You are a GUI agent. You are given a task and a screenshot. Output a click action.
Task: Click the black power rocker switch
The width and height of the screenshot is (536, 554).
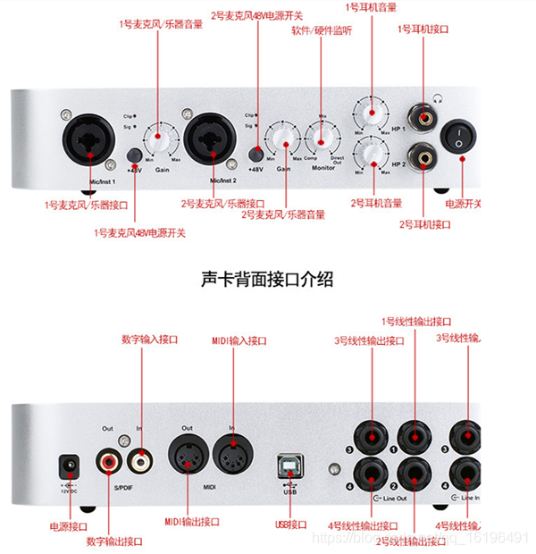click(461, 138)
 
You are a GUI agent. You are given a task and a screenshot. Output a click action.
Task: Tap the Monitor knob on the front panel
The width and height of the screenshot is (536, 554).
click(322, 138)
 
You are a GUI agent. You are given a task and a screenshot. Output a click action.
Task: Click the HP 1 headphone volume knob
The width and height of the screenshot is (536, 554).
click(370, 113)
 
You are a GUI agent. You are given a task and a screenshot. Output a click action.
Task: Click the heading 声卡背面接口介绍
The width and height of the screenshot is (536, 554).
click(267, 280)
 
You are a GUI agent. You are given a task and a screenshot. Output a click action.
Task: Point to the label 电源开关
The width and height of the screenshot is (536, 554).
click(463, 204)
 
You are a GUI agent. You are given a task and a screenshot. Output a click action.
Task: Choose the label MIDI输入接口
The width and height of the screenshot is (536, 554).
click(239, 340)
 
